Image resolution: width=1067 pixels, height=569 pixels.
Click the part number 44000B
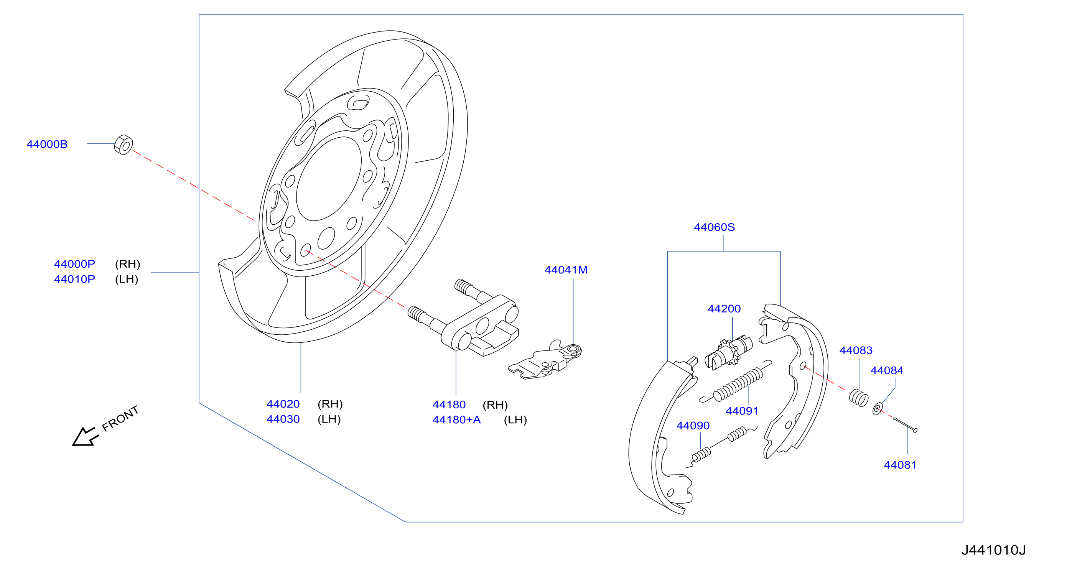47,144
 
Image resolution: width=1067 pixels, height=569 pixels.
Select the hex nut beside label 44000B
123,145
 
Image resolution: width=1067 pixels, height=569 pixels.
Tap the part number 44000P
74,264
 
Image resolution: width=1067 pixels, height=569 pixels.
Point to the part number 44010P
74,279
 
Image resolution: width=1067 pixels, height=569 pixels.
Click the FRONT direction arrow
84,436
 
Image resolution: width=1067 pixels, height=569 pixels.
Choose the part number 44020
283,404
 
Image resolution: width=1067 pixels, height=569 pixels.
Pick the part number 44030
283,419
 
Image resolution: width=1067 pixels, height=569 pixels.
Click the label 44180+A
456,420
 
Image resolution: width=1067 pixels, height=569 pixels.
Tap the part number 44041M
566,270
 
